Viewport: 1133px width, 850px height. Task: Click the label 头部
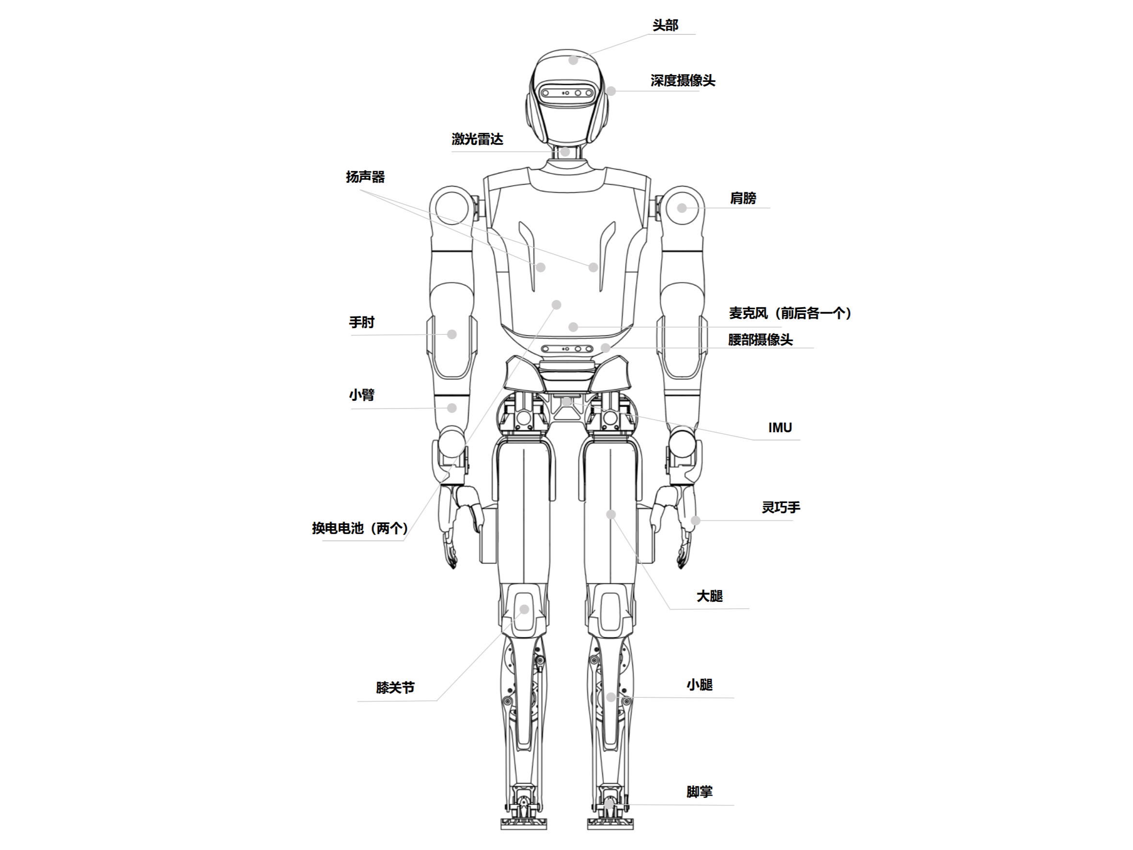coord(665,25)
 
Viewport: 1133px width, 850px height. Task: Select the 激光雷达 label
coord(477,139)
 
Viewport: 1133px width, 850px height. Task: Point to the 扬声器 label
coord(365,177)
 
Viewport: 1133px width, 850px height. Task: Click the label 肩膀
coord(743,198)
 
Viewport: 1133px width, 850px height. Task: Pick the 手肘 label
coord(362,322)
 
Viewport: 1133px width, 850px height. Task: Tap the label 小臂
coord(362,395)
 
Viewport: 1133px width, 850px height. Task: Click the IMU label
coord(779,428)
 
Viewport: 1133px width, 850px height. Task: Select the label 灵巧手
coord(780,507)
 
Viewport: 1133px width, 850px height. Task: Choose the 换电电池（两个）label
coord(359,528)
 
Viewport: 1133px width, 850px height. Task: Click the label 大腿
coord(710,596)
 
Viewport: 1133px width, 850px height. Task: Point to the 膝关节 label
coord(395,688)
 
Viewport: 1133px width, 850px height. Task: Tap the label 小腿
coord(699,685)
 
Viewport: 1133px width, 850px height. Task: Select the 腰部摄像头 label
coord(760,340)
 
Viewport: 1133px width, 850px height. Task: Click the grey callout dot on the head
coord(573,60)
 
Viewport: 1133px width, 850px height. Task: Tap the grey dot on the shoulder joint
coord(682,208)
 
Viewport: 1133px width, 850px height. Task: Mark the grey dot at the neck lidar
coord(565,152)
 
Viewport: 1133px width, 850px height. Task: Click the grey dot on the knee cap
coord(524,609)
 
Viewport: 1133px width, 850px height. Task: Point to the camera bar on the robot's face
coord(568,93)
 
